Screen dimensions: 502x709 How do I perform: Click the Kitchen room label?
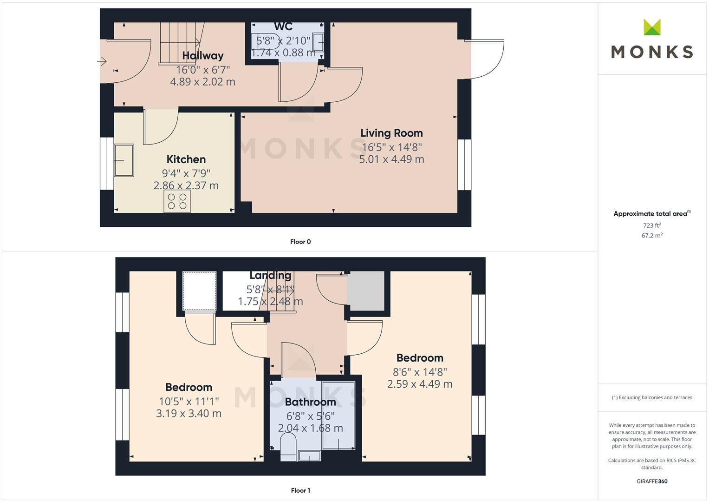[x=186, y=159]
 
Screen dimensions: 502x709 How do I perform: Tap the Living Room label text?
[x=391, y=133]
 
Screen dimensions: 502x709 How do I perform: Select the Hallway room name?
[x=202, y=56]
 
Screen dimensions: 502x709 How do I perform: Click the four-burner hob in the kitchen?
[x=177, y=201]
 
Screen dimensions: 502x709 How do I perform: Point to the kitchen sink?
[x=124, y=160]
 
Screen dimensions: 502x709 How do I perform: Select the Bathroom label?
[x=310, y=402]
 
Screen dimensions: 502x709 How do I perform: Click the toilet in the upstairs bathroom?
[x=288, y=446]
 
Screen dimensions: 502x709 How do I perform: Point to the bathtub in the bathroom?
[x=338, y=415]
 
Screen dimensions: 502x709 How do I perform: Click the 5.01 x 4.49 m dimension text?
[x=391, y=159]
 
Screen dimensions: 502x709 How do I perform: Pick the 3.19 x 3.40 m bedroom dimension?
[x=189, y=413]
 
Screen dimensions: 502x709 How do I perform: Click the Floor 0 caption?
[x=300, y=242]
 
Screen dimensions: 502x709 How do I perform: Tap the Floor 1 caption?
[x=300, y=490]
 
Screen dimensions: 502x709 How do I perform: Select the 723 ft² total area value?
[x=652, y=225]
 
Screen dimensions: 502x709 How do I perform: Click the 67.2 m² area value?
[x=652, y=236]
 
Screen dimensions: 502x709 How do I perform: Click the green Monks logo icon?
[x=652, y=27]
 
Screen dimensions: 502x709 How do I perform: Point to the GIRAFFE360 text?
[x=652, y=482]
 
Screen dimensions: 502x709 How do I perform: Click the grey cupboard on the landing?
[x=366, y=291]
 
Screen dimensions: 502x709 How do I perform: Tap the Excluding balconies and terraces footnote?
[x=652, y=397]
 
